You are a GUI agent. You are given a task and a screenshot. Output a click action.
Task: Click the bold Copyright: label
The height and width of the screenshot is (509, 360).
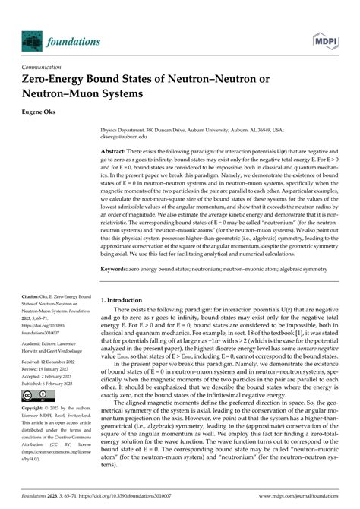[37, 409]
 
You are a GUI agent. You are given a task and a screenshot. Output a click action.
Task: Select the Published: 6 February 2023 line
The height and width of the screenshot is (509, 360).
[54, 384]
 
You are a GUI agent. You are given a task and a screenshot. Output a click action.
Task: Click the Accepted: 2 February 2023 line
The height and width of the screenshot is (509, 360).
[54, 377]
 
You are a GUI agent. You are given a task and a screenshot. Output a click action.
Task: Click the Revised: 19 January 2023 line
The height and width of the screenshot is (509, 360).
[52, 369]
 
